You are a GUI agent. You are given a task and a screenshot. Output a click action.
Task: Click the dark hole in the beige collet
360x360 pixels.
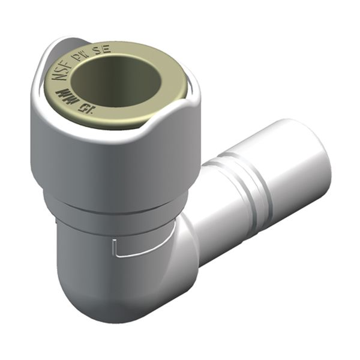120,81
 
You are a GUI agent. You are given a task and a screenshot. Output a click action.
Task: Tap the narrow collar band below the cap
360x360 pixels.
114,207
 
